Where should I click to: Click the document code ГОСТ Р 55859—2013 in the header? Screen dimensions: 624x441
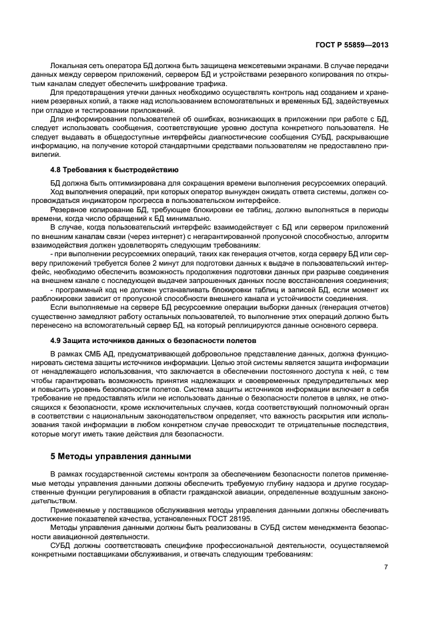[352, 45]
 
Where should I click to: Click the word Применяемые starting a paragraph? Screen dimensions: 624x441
[75, 509]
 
